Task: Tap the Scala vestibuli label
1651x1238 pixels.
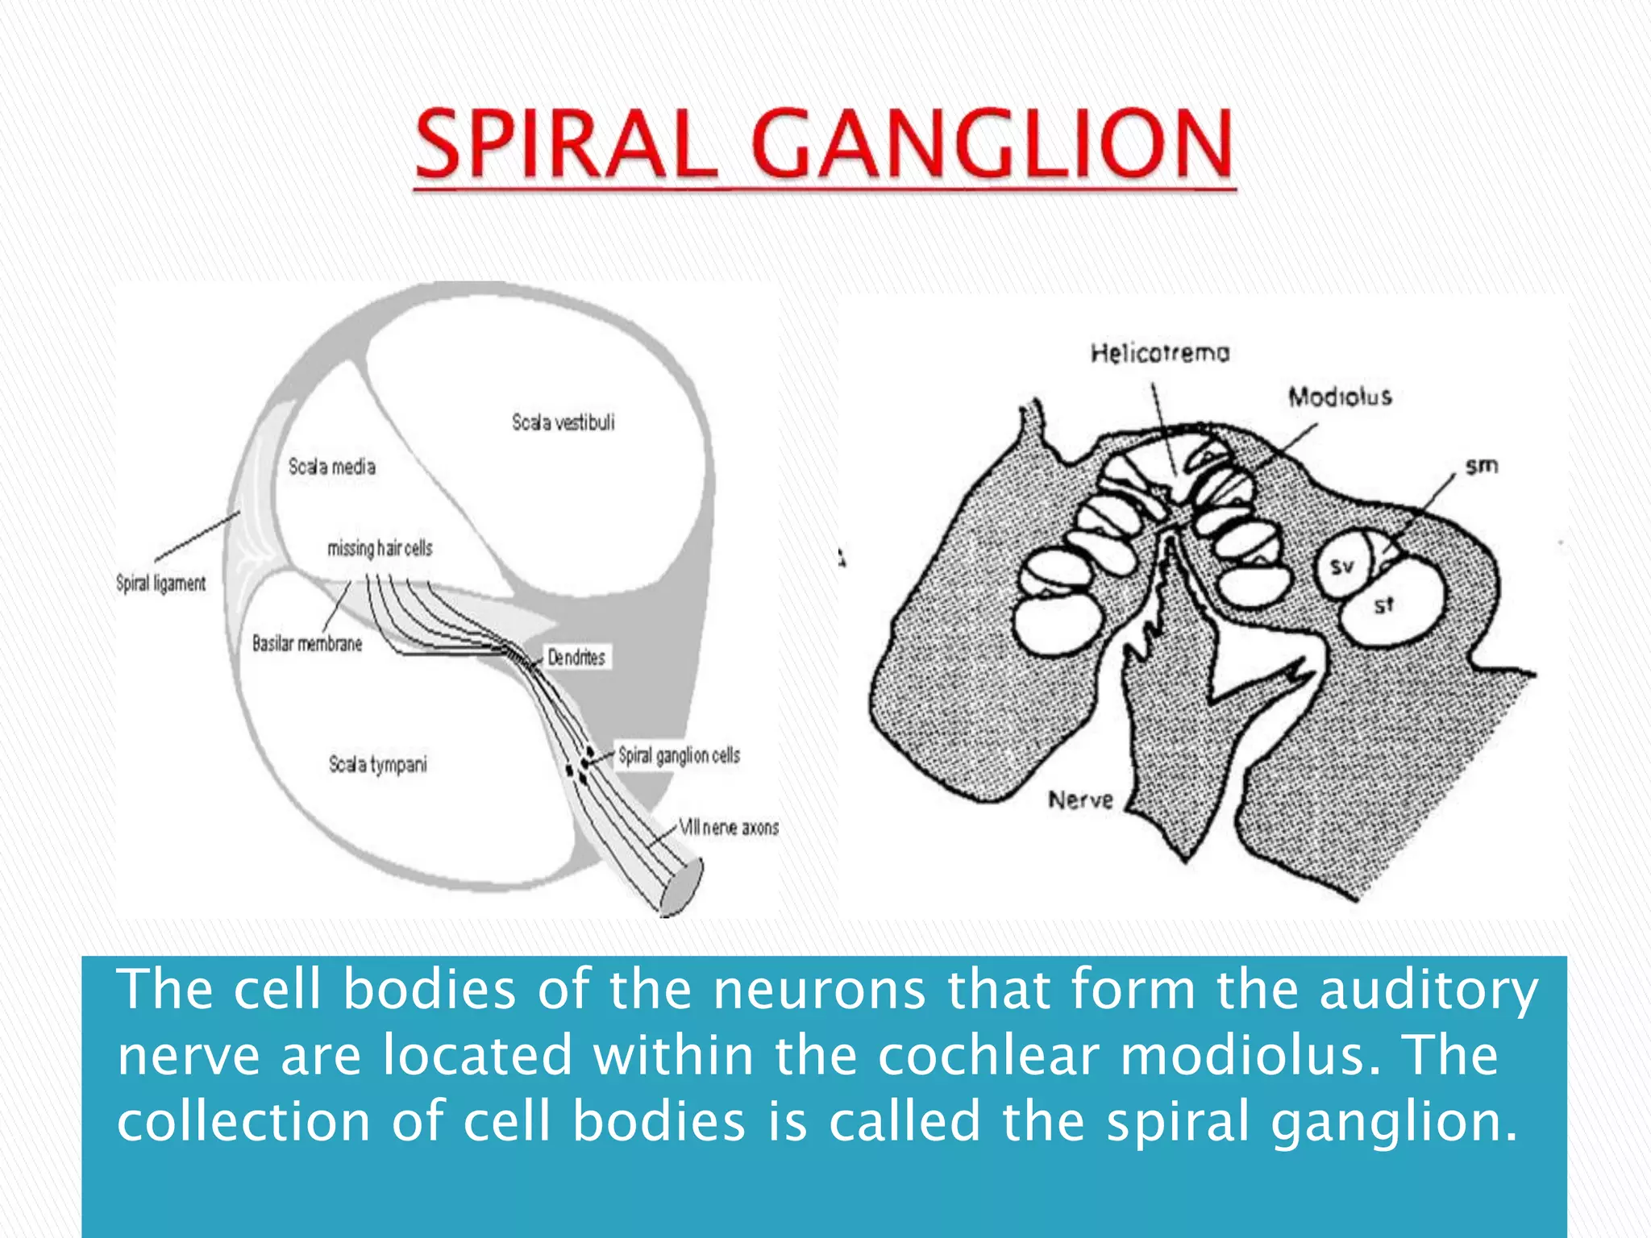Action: point(563,422)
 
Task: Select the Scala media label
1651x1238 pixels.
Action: point(332,467)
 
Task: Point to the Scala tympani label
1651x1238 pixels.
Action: point(377,764)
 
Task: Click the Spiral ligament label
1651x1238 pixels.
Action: point(160,583)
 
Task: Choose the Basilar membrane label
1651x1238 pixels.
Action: point(307,643)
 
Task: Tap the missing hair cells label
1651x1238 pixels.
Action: point(380,548)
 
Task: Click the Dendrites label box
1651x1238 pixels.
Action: point(576,657)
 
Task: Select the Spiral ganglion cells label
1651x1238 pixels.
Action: point(679,755)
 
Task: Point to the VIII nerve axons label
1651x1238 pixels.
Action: point(729,827)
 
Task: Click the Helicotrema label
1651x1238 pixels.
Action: point(1160,353)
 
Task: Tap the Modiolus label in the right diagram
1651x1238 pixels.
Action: point(1340,397)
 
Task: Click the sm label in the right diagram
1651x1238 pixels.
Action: point(1482,466)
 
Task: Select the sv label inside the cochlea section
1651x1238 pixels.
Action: point(1341,567)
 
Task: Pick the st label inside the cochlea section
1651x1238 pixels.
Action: point(1383,605)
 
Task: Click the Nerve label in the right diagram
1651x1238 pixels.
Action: point(1080,800)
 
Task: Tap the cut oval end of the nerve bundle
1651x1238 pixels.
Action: point(682,888)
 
